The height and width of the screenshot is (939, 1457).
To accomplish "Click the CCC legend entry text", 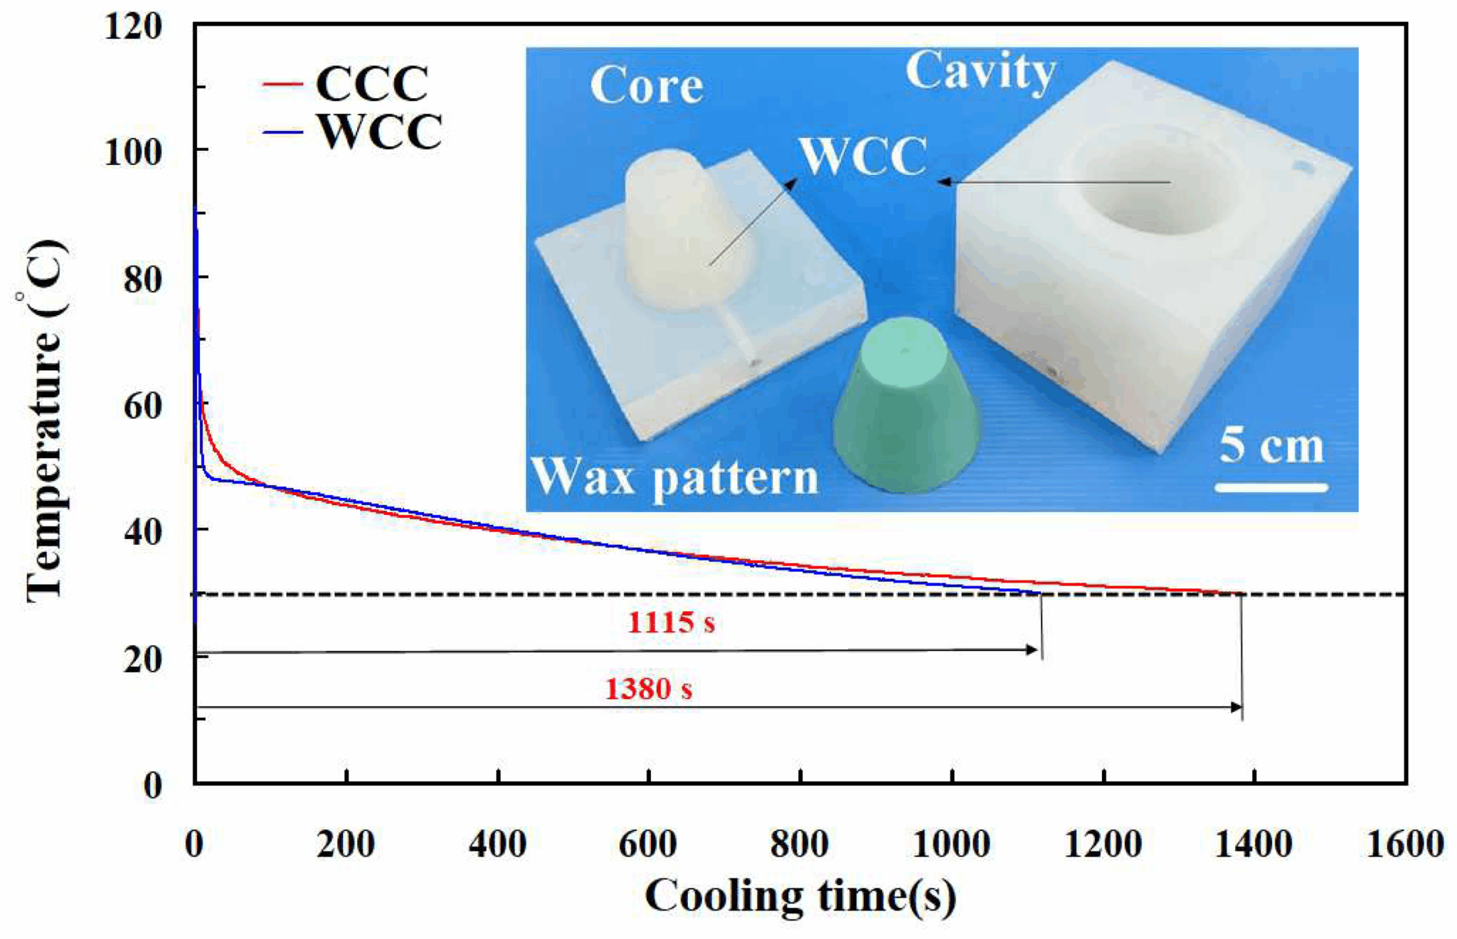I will [371, 84].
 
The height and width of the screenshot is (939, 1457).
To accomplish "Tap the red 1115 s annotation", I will [670, 623].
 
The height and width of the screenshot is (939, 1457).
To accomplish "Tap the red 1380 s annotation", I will [648, 689].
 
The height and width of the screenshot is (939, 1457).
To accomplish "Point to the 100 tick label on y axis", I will [133, 152].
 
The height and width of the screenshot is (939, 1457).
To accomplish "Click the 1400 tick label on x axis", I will [1253, 844].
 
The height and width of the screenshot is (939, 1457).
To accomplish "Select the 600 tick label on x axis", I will [647, 844].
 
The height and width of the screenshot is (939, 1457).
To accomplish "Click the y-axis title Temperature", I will [44, 420].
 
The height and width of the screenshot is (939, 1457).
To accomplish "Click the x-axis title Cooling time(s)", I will [800, 896].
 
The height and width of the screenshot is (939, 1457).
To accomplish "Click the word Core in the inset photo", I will [646, 85].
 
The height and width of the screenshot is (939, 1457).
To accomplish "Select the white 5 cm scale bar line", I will [1271, 487].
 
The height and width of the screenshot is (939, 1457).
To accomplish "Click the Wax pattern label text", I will [674, 477].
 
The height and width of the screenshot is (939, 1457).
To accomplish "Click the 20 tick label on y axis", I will [142, 659].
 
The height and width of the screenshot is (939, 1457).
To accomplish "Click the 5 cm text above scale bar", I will [1271, 446].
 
